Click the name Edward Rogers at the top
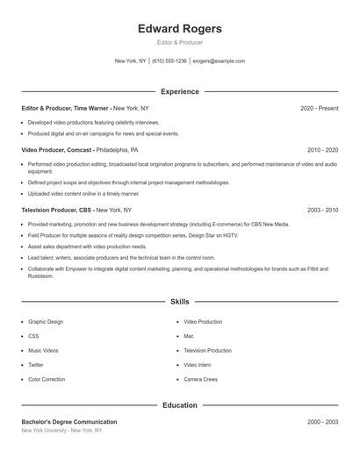[x=180, y=29]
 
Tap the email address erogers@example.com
[x=219, y=61]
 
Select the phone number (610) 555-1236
[x=169, y=61]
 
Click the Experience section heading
[x=180, y=91]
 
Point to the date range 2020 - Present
[x=319, y=108]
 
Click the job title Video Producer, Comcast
[x=56, y=150]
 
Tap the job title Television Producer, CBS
[x=57, y=211]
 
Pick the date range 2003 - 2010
[x=322, y=211]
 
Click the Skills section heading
[x=180, y=302]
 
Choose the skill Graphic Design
[x=46, y=322]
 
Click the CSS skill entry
[x=33, y=336]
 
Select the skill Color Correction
[x=47, y=379]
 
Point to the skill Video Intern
[x=198, y=365]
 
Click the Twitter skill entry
[x=36, y=365]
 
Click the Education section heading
[x=180, y=405]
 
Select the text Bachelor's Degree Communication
[x=69, y=422]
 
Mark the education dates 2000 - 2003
[x=322, y=422]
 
